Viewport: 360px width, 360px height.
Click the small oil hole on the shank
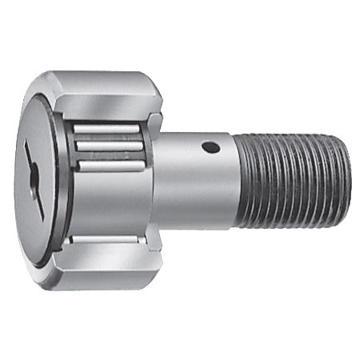(x=210, y=147)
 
